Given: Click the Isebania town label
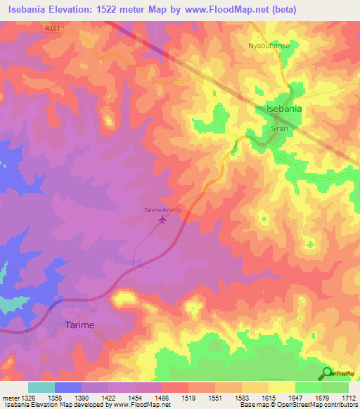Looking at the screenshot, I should coord(284,109).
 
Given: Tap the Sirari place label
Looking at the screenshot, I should coord(261,120).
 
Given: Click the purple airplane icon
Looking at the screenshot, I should coord(163,221).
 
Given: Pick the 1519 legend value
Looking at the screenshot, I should coord(188,397).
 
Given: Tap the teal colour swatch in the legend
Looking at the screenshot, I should coord(41,387).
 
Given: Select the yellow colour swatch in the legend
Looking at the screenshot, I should coord(282,387).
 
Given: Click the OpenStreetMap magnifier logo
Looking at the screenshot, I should coord(326,373).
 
